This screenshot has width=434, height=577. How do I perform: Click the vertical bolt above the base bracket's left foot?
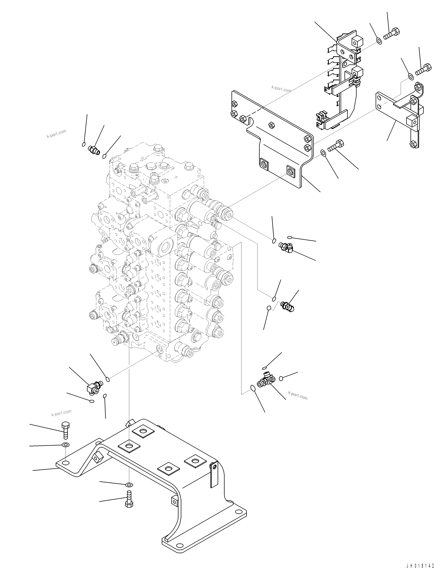65,431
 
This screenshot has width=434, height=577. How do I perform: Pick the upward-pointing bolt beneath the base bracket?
129,498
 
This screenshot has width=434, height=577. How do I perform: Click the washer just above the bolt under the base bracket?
129,485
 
